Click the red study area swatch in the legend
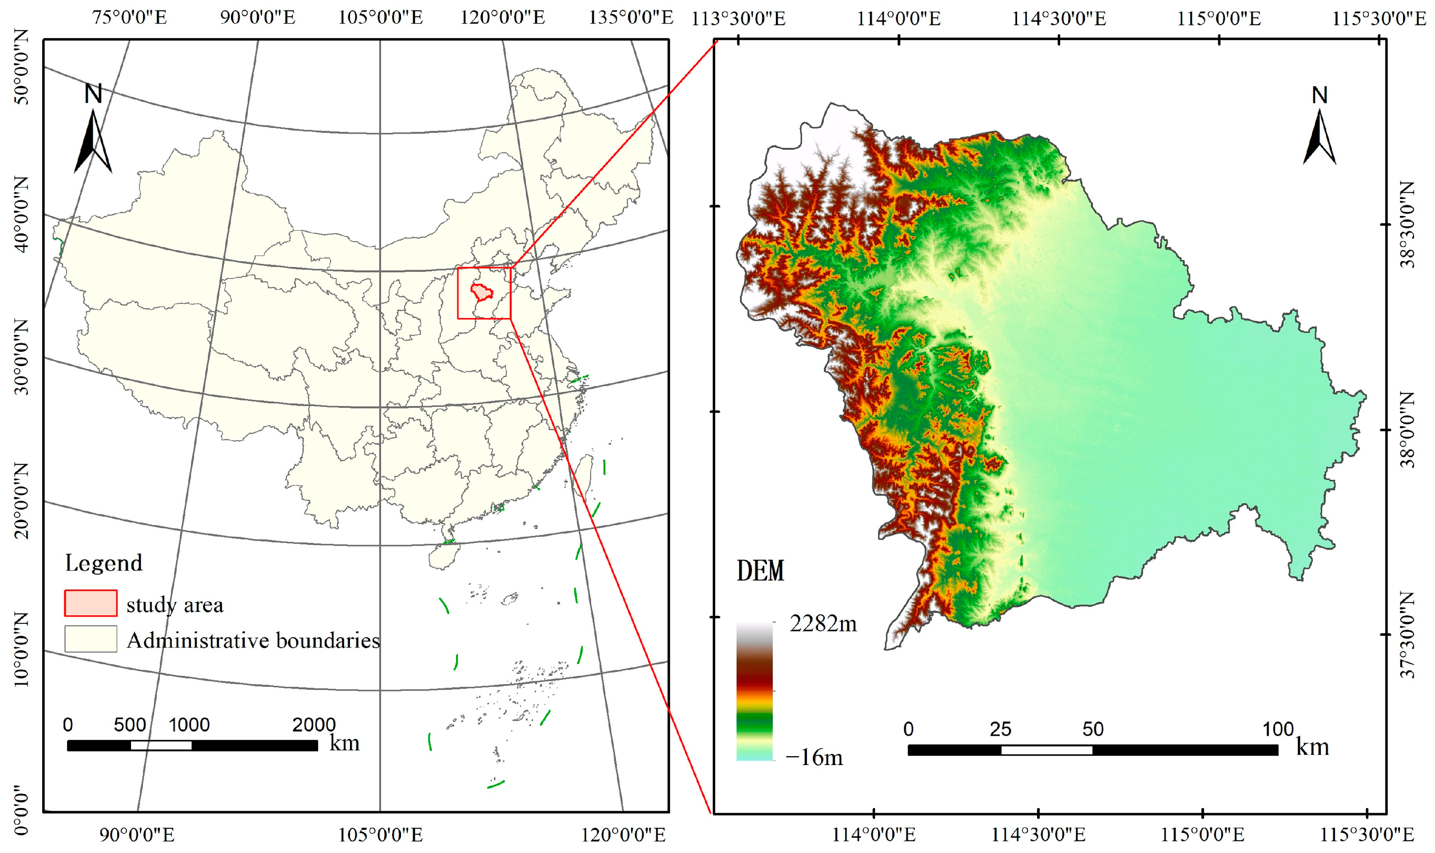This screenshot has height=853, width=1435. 91,603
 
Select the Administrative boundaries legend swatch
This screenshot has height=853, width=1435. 91,638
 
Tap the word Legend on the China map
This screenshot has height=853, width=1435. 103,563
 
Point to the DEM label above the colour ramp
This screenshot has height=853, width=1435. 760,571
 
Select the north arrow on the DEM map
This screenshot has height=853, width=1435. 1319,127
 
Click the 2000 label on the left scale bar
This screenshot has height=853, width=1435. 314,724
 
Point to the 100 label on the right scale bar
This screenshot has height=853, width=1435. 1278,729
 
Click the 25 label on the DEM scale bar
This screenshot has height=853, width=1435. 1000,729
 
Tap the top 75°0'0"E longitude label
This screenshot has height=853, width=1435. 130,17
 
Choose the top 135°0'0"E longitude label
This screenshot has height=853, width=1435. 630,17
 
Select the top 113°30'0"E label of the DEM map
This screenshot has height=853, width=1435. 738,18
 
